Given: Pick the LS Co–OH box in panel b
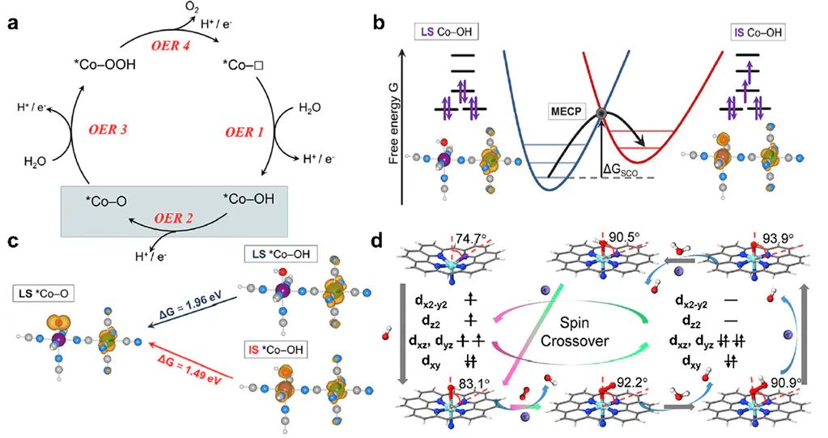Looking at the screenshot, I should [456, 32].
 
